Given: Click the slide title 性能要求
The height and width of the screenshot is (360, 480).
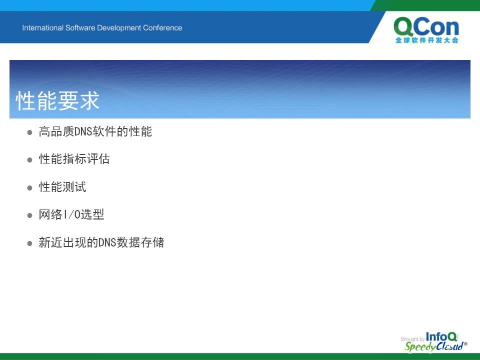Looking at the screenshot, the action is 57,100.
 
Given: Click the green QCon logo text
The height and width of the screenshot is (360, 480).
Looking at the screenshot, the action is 426,27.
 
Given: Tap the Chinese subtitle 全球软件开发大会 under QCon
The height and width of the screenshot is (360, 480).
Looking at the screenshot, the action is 426,40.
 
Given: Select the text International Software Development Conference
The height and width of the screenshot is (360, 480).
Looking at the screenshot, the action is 102,28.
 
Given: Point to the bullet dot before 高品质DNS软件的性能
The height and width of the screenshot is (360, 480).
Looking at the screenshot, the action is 29,132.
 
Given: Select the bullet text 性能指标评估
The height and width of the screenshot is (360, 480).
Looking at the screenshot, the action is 74,159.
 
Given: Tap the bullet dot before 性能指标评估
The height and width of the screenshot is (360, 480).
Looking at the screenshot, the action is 29,160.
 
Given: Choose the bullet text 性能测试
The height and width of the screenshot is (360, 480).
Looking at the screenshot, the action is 62,186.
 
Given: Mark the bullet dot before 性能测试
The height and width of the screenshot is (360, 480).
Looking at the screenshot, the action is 29,187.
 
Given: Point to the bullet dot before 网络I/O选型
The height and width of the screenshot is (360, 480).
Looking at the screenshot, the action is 29,215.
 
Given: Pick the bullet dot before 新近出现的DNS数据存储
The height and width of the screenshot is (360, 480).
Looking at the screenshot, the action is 29,243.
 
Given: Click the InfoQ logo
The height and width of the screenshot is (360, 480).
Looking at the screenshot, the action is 441,336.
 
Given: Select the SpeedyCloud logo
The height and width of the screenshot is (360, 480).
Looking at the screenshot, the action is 435,346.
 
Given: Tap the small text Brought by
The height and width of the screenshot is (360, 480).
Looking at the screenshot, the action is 412,339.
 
